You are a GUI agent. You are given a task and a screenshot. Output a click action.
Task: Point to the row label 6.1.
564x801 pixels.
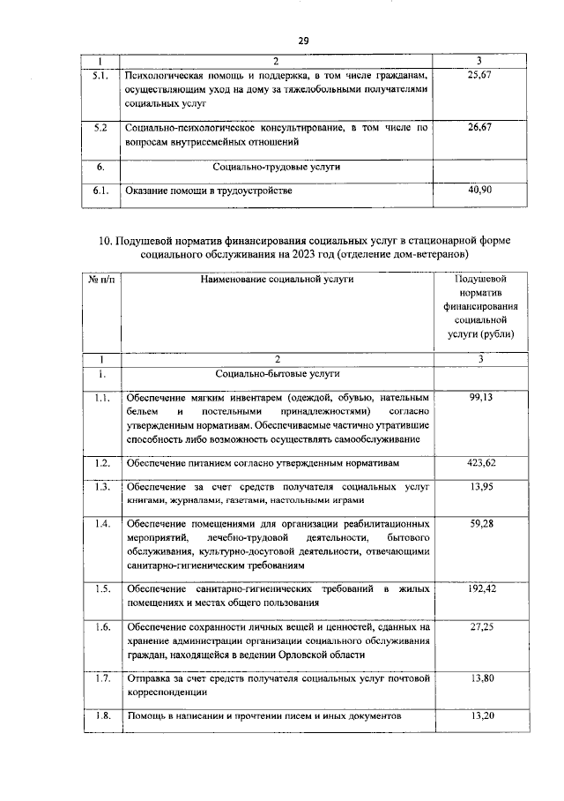pos(101,190)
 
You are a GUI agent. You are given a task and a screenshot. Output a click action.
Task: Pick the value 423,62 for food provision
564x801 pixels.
pos(480,462)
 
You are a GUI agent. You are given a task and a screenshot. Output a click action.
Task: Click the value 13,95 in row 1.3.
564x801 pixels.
pos(480,487)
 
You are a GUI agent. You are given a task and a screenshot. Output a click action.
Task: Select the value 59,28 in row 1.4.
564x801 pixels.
pos(480,524)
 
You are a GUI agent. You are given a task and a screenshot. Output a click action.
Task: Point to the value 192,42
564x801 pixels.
pos(480,588)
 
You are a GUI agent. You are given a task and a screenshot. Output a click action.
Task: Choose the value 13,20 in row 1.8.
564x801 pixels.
pos(480,715)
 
